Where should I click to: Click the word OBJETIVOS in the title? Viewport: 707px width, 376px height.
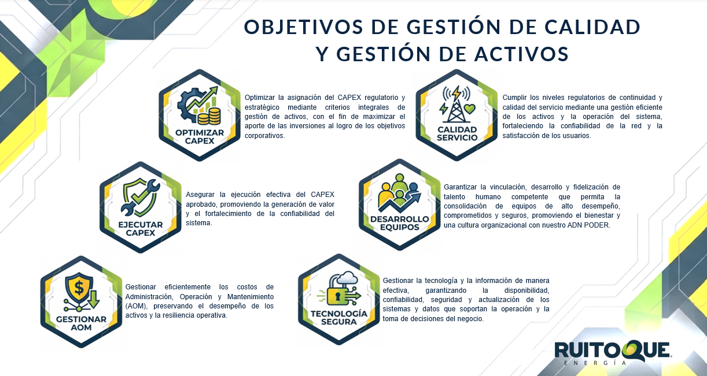[x=304, y=27]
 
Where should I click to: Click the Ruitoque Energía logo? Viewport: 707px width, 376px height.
[x=613, y=352]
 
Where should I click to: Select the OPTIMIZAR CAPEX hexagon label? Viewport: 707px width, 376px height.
[x=200, y=136]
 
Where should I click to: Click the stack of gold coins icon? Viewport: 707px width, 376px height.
[x=209, y=116]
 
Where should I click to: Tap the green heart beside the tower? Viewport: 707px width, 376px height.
[x=470, y=109]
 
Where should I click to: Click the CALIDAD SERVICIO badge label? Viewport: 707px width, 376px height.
[x=456, y=133]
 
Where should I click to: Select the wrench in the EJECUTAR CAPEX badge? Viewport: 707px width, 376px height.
[x=140, y=198]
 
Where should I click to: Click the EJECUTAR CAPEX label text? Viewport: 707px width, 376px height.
[x=141, y=229]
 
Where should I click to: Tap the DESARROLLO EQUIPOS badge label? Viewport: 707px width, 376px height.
[x=399, y=223]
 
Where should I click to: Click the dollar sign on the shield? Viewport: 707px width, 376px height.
[x=79, y=288]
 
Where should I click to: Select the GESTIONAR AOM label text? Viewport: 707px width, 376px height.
[x=81, y=323]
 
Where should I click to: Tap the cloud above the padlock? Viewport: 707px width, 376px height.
[x=347, y=277]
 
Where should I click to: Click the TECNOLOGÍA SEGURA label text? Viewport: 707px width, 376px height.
[x=339, y=318]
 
